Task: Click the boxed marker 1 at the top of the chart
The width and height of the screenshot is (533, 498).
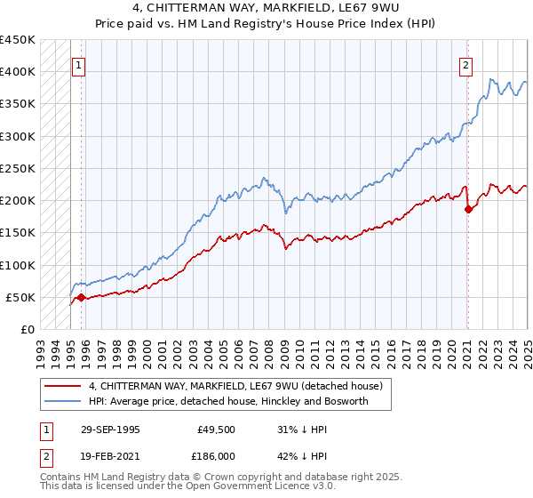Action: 78,64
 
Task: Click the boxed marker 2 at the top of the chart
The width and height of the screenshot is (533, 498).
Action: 465,64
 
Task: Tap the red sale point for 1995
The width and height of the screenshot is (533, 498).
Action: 82,297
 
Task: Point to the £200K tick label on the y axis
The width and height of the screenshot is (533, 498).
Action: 17,200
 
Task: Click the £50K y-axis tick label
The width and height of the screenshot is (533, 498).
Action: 20,297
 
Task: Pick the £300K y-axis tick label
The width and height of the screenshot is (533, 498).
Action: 17,136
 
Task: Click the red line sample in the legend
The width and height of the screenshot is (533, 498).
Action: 62,386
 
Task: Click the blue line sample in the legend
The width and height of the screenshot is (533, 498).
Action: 62,402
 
